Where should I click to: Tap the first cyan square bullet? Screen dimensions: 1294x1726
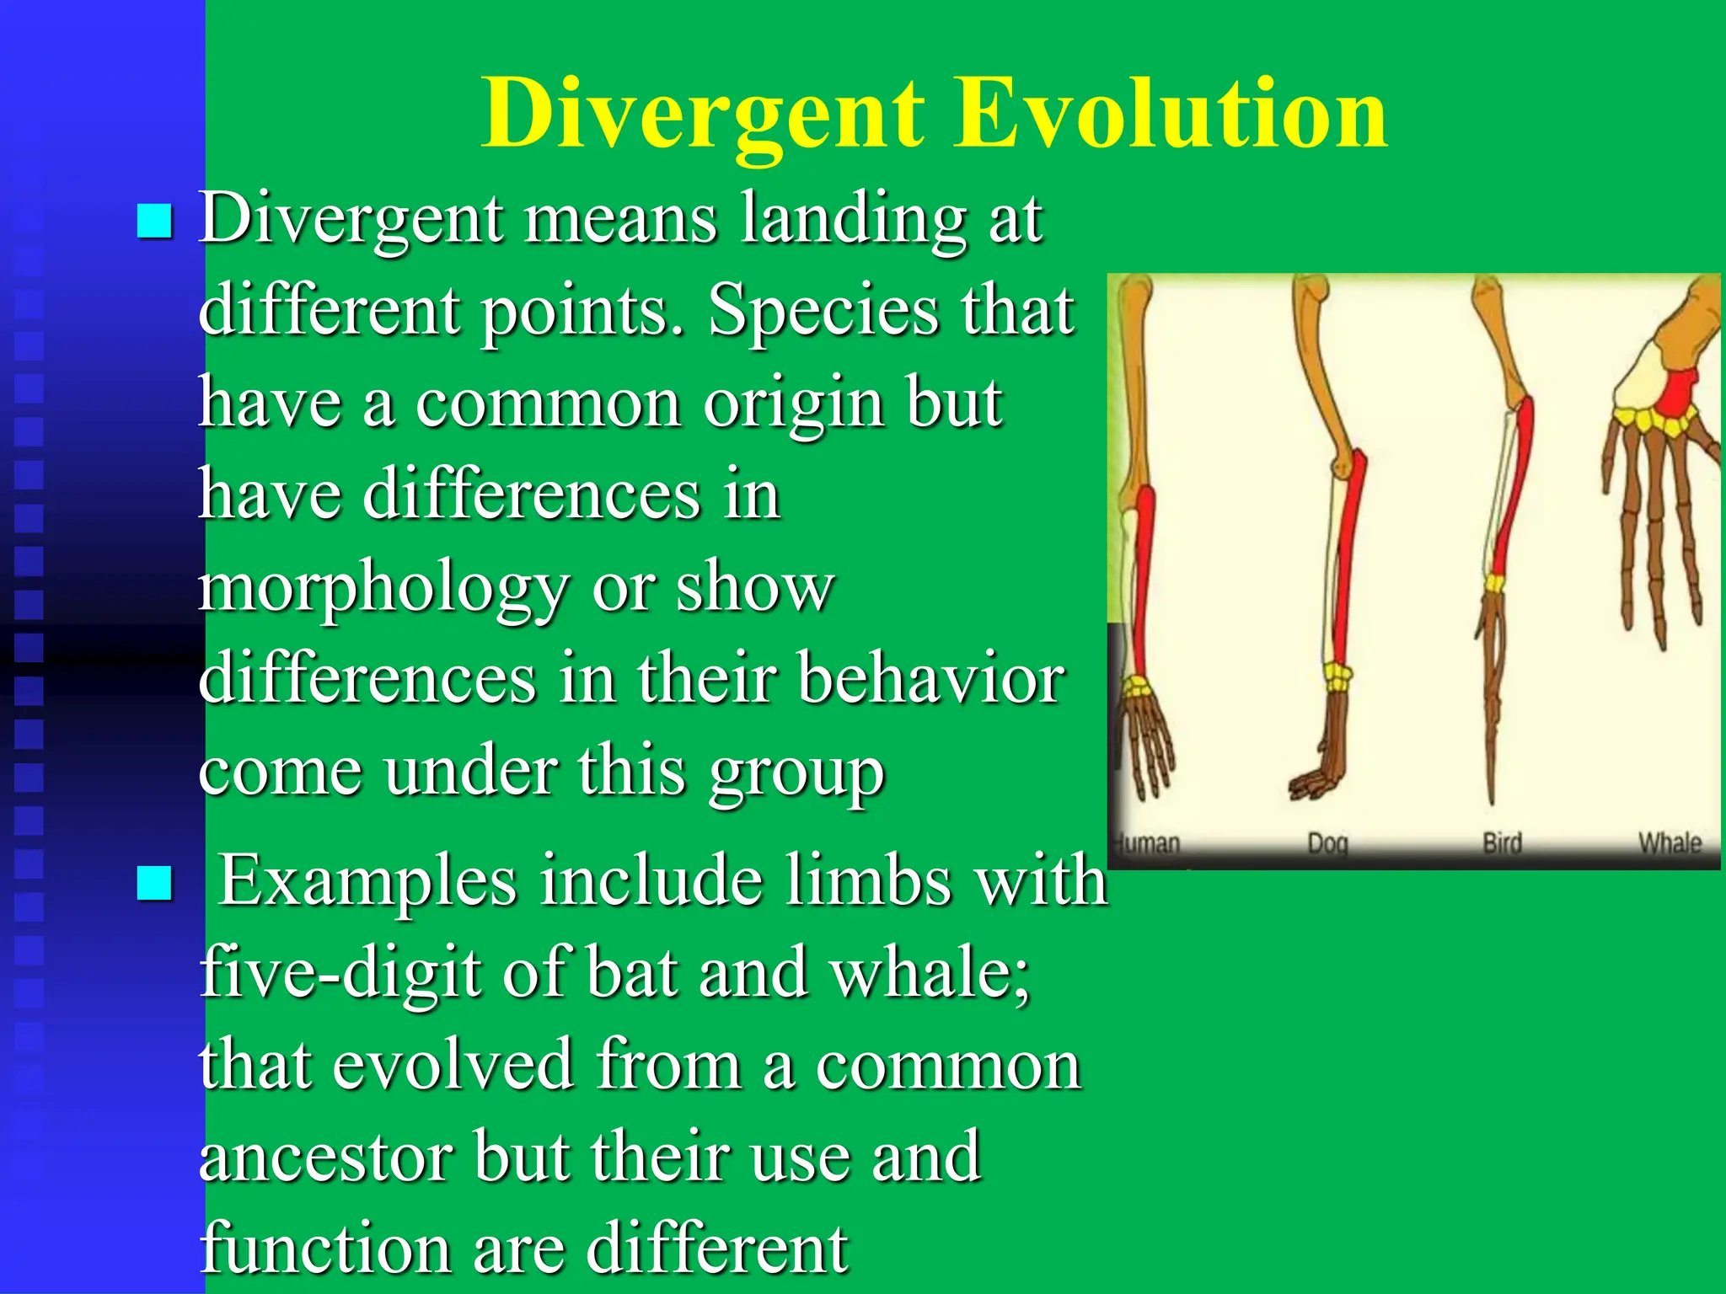pyautogui.click(x=154, y=222)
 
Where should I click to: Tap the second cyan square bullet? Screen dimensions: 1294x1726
pyautogui.click(x=154, y=883)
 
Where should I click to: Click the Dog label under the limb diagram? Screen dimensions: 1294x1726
pyautogui.click(x=1327, y=843)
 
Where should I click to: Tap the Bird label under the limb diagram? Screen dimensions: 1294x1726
pyautogui.click(x=1502, y=842)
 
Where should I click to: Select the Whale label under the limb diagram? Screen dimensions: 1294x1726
pyautogui.click(x=1669, y=842)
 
